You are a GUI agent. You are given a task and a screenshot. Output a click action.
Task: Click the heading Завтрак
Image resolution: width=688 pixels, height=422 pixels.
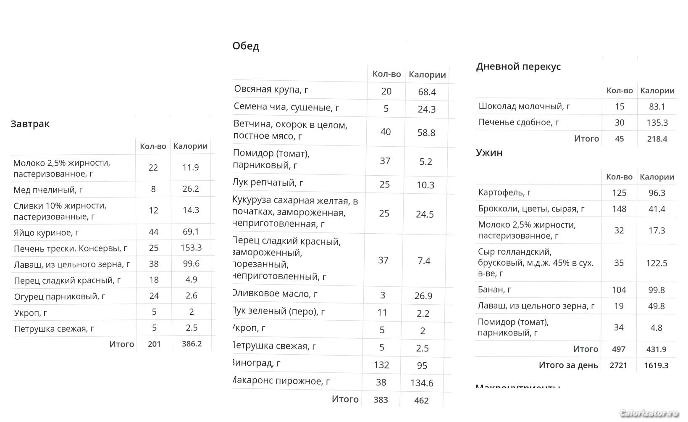tap(30, 124)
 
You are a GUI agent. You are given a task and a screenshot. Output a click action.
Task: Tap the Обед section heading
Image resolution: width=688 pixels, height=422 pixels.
tap(246, 46)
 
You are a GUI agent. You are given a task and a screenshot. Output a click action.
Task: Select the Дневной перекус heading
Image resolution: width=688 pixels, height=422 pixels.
tap(518, 66)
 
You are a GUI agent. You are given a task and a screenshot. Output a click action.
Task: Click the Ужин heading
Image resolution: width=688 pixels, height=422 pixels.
tap(489, 153)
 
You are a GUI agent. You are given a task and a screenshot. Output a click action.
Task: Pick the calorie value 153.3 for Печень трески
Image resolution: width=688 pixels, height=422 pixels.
tap(191, 248)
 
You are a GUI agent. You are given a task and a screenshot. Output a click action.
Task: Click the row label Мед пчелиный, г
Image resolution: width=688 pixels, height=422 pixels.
tap(48, 190)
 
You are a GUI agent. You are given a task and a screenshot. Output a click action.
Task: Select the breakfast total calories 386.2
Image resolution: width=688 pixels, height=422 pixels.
tap(192, 344)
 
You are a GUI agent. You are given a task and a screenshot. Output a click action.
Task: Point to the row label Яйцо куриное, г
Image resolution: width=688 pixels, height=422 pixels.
tap(46, 232)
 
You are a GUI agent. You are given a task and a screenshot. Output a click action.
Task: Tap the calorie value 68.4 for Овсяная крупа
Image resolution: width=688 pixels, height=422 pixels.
tap(427, 92)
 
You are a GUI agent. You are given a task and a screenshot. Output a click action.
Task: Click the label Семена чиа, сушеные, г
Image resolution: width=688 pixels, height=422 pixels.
tap(286, 107)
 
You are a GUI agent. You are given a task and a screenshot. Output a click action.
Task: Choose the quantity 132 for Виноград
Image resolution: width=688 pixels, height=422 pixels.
tap(381, 365)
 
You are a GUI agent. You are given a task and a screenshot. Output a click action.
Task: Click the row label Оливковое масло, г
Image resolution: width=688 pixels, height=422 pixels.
tap(275, 294)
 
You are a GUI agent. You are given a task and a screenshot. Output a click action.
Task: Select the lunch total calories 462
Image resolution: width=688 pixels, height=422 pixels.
tap(421, 400)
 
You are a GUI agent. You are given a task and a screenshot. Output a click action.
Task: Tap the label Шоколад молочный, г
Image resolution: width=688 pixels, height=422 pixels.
tap(524, 106)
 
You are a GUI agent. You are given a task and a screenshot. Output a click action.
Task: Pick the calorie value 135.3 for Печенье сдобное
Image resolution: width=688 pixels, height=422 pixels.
tap(657, 123)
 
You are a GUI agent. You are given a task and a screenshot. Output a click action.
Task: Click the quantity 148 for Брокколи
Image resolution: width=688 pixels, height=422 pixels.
tap(619, 209)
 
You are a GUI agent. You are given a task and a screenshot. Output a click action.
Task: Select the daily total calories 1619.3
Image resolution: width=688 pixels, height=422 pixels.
tap(656, 365)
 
